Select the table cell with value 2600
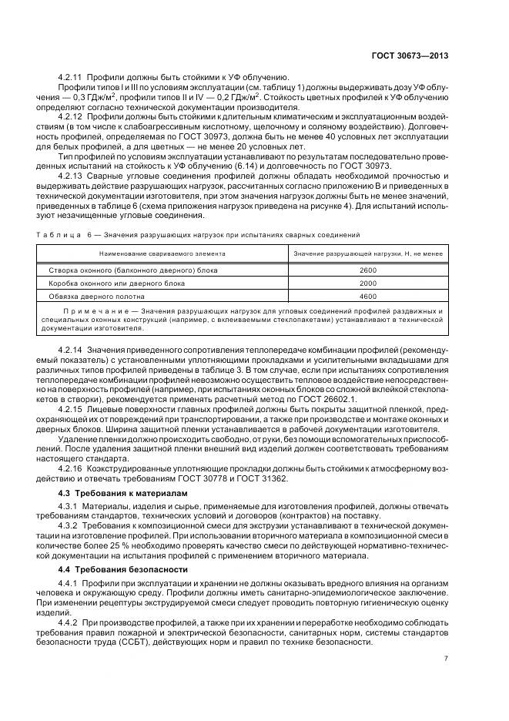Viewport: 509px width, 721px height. (368, 270)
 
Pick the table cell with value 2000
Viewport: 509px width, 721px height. (368, 283)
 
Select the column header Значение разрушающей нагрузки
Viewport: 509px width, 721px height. (368, 253)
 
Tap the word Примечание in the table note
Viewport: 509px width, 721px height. (91, 311)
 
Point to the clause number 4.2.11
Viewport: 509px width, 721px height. (70, 77)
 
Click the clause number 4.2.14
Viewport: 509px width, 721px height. (70, 350)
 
